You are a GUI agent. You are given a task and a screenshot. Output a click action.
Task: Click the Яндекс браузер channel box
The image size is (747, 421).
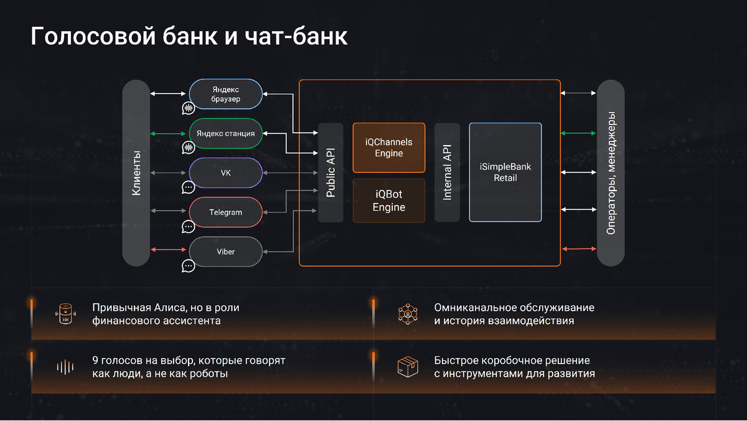click(225, 95)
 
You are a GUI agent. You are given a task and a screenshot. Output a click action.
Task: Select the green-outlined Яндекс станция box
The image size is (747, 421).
click(225, 133)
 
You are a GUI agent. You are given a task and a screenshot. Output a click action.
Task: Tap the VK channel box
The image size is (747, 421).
click(225, 173)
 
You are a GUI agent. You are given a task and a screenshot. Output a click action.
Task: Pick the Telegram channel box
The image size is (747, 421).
click(225, 212)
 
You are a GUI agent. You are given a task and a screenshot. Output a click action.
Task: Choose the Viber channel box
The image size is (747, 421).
click(225, 252)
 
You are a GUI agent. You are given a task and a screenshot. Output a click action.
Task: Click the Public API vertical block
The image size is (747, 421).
click(331, 173)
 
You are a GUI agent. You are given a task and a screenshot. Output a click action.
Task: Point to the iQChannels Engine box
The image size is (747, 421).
click(388, 148)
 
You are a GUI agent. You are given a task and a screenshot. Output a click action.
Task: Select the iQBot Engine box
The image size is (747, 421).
click(388, 201)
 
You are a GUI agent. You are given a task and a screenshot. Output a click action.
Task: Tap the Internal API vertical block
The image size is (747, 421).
click(447, 173)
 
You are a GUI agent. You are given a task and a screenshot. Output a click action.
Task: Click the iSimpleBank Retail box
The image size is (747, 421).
click(505, 173)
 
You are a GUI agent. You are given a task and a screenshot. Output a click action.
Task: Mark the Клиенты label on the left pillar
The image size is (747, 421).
click(136, 173)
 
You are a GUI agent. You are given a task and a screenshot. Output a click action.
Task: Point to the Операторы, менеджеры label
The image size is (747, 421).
click(611, 173)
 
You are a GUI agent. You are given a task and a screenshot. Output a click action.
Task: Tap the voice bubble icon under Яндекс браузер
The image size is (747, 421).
click(189, 108)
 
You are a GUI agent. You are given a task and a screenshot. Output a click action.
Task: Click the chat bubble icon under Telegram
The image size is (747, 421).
click(189, 227)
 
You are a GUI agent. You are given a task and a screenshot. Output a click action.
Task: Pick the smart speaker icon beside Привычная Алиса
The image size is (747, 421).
click(65, 315)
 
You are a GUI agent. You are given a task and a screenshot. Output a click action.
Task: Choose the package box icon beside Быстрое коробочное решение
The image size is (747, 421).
click(408, 367)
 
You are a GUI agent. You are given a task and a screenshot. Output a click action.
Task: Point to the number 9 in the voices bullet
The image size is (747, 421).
click(95, 361)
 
